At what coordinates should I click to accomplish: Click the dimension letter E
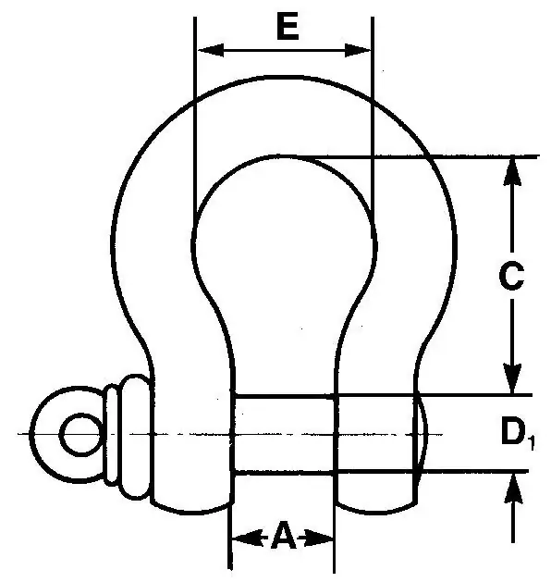coord(288,28)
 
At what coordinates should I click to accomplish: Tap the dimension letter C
coord(511,276)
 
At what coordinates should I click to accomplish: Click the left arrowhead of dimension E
coord(211,50)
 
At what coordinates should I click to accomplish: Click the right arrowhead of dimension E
coord(358,50)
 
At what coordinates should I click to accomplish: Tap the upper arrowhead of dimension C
coord(512,171)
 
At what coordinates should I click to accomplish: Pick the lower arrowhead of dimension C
coord(512,378)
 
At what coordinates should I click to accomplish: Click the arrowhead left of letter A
coord(248,538)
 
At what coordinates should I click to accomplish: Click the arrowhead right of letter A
coord(319,538)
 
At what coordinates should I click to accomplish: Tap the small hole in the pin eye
coord(80,434)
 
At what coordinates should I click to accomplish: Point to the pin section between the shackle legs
coord(284,434)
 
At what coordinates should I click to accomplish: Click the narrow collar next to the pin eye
coord(111,435)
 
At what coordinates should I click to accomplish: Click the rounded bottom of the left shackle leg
coord(191,509)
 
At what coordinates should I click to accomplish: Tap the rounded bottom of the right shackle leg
coord(375,509)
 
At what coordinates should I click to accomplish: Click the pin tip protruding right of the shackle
coord(422,434)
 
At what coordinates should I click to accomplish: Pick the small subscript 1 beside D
coord(532,444)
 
